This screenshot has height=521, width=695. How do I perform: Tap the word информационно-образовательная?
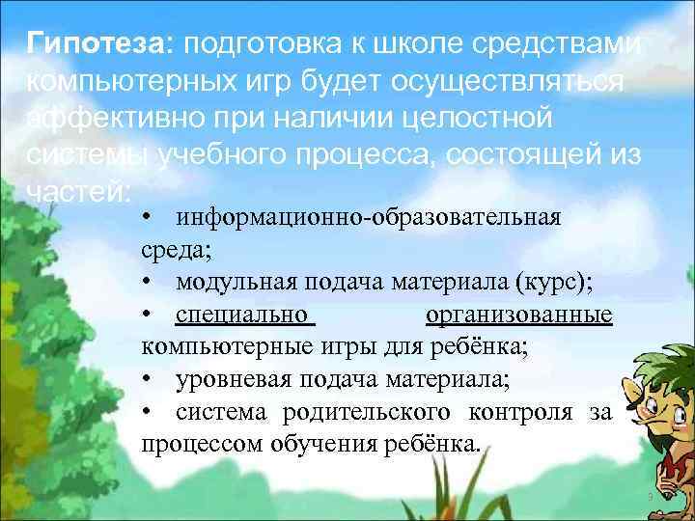pos(368,215)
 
